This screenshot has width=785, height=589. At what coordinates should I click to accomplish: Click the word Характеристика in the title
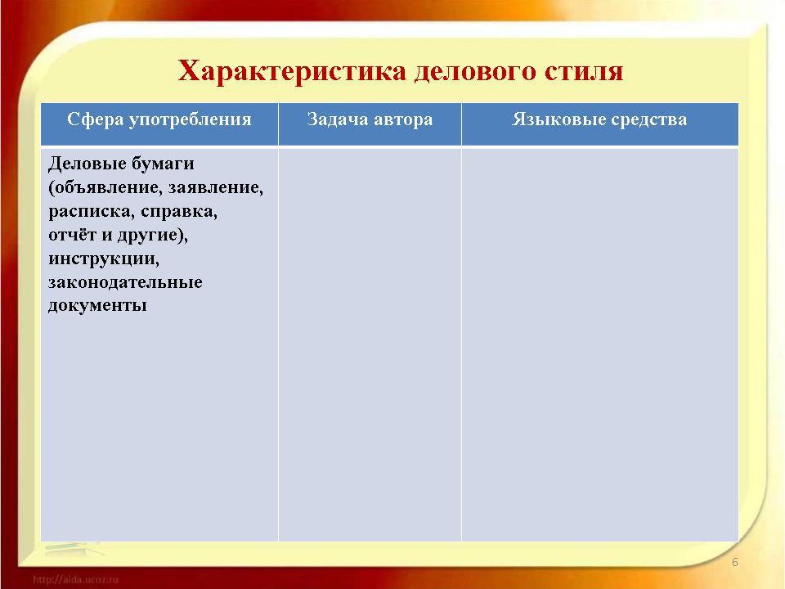tap(292, 70)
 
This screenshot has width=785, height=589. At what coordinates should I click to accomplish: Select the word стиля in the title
tap(583, 70)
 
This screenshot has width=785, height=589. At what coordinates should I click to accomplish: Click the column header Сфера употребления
tap(159, 119)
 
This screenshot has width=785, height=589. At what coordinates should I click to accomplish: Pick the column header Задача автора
tap(370, 119)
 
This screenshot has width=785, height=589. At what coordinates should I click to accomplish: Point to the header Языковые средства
tap(599, 119)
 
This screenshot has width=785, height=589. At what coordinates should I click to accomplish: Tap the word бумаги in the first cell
tap(163, 164)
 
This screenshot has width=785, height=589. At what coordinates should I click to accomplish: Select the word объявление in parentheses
tap(105, 187)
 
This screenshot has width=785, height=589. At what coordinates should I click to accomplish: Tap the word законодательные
tap(125, 282)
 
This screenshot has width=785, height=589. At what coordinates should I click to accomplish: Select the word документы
tap(97, 305)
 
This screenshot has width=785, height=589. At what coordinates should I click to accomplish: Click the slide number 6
tap(735, 562)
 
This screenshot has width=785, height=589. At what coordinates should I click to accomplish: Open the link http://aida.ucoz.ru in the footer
tap(75, 579)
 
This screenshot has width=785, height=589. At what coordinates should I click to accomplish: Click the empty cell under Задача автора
tap(370, 344)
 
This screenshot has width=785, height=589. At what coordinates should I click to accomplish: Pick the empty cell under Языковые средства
tap(599, 344)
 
